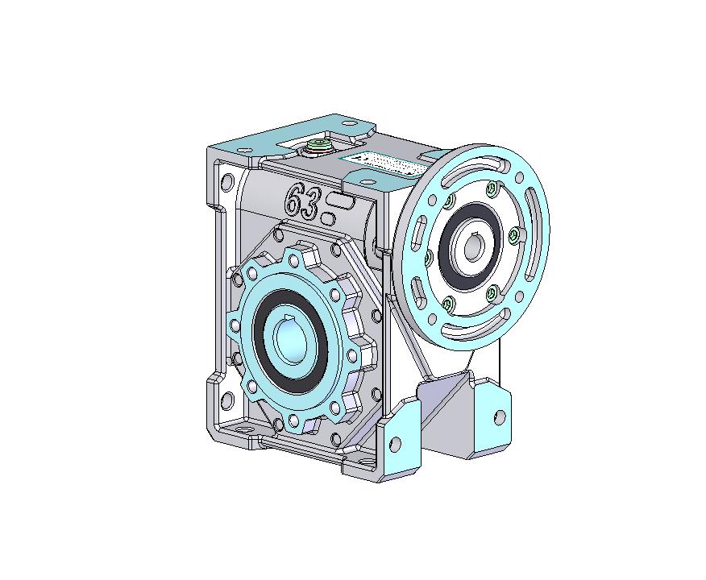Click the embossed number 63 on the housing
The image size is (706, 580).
coord(301,200)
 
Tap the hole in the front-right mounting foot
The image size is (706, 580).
coord(397,442)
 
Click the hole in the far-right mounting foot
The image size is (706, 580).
coord(500,416)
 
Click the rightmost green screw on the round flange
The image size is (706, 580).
coord(513,235)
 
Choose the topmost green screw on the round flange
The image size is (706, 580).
coord(491,188)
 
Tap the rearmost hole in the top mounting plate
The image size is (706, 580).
coord(348,123)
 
